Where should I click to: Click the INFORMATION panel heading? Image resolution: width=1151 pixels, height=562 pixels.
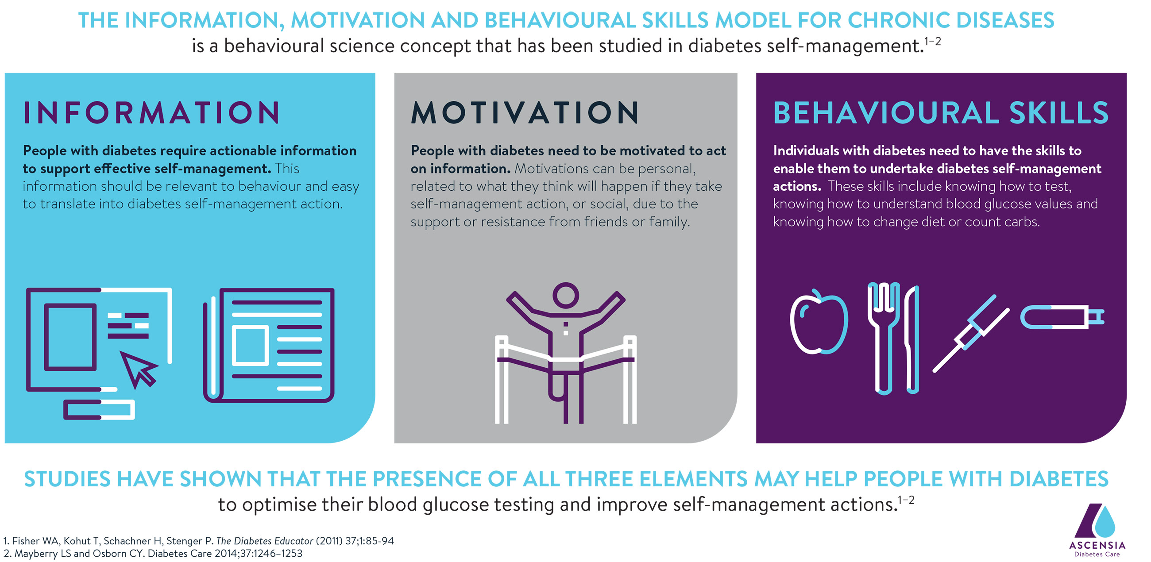click(151, 112)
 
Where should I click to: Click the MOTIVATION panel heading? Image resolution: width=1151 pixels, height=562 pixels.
click(525, 112)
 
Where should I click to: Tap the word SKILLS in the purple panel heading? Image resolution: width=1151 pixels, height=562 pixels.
click(1059, 112)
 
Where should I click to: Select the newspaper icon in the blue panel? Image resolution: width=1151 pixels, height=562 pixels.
click(269, 345)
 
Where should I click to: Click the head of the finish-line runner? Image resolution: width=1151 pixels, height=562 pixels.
click(566, 295)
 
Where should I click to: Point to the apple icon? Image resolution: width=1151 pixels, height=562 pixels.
click(819, 322)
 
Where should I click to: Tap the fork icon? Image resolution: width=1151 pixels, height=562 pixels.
click(883, 338)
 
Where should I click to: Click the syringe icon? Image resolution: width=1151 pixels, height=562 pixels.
click(971, 333)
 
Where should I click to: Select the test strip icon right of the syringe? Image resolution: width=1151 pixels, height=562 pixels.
click(1062, 318)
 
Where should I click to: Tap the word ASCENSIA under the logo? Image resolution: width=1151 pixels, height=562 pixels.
click(1097, 545)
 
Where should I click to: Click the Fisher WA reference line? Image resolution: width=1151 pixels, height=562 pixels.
click(198, 541)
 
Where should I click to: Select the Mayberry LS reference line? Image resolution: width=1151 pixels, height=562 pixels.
click(153, 554)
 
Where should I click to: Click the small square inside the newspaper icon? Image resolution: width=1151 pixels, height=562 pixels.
click(250, 345)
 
